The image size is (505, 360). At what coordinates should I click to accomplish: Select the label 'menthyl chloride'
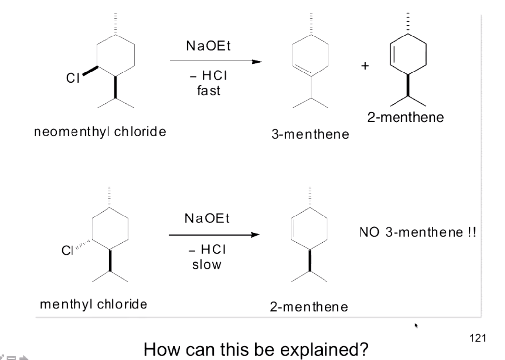[x=94, y=304]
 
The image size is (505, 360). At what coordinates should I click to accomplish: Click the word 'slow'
[x=207, y=265]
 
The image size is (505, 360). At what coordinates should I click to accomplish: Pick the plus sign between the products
[x=365, y=66]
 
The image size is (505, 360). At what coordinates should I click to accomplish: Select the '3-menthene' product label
[x=309, y=135]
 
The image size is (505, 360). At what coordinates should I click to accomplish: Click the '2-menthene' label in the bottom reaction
[x=308, y=307]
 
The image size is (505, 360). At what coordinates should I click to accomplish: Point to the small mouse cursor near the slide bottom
[x=416, y=325]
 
